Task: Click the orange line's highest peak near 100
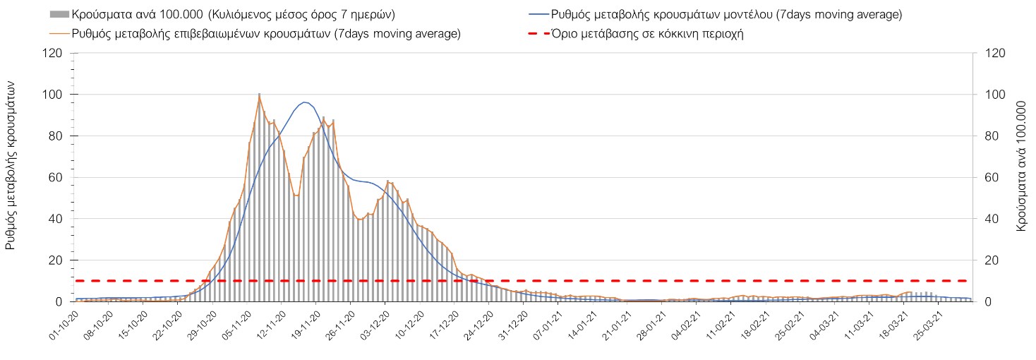[259, 95]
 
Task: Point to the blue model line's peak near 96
[304, 102]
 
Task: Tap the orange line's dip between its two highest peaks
[296, 195]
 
